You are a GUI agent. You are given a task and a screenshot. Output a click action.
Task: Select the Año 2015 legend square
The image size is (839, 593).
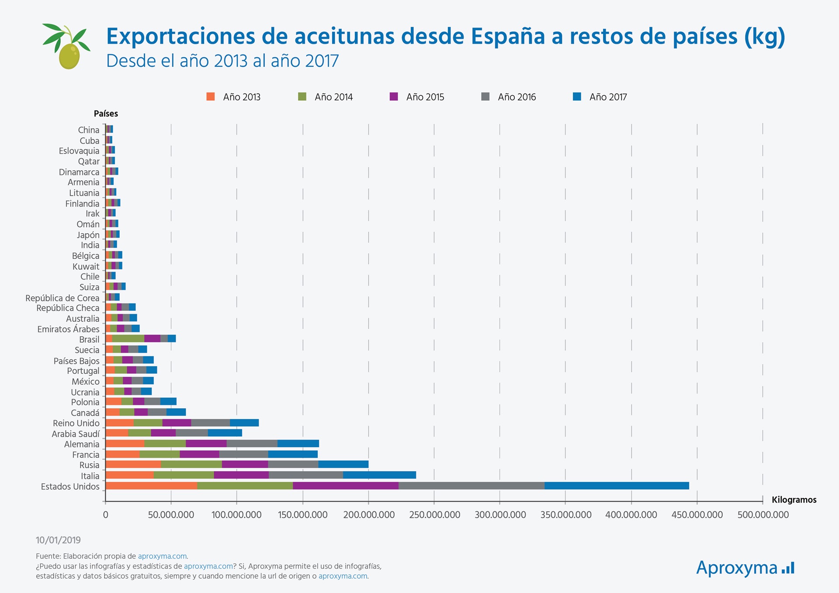pos(394,97)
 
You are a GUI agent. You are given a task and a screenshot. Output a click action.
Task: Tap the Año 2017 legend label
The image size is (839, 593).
pos(608,97)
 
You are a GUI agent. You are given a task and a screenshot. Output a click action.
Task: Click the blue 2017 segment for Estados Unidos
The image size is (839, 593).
pos(617,486)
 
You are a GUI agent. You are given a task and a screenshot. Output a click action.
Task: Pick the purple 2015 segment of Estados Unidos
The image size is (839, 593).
pos(346,486)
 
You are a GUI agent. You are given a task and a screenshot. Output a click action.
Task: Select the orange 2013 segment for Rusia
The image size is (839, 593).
pos(133,464)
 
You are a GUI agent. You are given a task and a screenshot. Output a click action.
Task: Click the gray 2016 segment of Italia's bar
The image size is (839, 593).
pos(306,475)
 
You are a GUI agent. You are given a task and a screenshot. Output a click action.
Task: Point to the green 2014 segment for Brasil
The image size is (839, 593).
pos(128,338)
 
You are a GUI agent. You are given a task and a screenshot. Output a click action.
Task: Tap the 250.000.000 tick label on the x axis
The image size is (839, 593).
pos(434,515)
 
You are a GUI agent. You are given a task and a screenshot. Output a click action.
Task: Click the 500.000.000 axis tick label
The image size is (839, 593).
pos(763,515)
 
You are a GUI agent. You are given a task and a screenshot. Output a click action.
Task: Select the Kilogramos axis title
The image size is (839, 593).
pos(794,500)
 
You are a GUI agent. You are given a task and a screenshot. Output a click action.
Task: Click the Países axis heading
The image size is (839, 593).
pos(106,114)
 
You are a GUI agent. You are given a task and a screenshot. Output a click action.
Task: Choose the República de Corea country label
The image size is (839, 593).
pos(62,298)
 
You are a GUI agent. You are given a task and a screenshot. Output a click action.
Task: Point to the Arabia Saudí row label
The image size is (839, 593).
pos(76,434)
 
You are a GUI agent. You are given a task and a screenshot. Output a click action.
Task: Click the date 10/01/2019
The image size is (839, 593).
pos(58,540)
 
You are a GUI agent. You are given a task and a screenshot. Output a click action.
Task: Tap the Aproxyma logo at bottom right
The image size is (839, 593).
pos(745,568)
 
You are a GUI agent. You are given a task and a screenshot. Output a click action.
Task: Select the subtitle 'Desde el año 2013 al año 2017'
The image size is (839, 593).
pos(222,61)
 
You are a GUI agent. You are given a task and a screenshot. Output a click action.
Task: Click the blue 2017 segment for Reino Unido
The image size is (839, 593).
pos(244,423)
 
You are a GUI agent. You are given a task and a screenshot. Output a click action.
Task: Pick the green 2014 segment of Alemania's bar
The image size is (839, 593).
pos(165,444)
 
